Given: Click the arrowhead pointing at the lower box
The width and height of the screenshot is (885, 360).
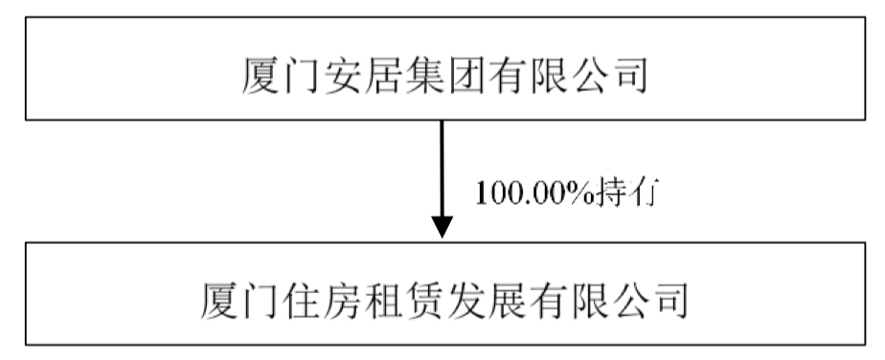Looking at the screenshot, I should [x=442, y=227].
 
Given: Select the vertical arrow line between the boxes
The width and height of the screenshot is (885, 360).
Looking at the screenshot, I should [x=442, y=169].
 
